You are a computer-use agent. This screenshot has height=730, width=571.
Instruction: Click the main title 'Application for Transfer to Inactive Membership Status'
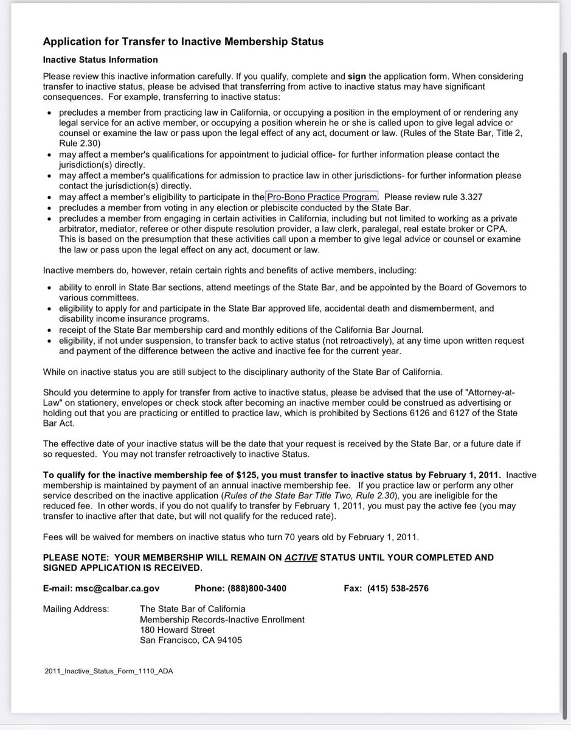[183, 41]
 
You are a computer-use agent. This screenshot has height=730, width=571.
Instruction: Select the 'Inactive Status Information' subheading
[100, 60]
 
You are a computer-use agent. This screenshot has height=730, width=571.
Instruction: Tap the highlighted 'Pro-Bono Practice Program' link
[322, 196]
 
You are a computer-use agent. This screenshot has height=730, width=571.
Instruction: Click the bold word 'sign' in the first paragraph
[356, 77]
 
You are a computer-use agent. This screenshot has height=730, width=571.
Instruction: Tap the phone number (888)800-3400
[257, 588]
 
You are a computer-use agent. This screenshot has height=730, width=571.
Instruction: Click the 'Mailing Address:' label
[76, 609]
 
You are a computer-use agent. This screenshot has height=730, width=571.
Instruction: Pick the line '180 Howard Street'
[177, 630]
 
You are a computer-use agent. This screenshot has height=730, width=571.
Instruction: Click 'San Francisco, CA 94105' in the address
[191, 640]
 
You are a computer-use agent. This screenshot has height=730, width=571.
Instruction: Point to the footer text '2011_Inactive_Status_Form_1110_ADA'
[109, 671]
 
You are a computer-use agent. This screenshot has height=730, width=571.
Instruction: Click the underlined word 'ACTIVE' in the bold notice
[301, 557]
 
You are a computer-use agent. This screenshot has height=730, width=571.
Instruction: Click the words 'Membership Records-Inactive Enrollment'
[222, 619]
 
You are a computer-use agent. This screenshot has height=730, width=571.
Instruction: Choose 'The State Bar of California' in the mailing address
[193, 609]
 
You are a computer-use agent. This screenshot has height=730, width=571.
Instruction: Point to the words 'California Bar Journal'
[377, 330]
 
